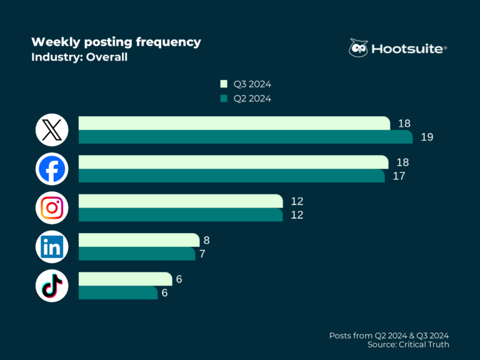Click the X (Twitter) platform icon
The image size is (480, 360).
tap(52, 130)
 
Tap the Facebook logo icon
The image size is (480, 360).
tap(52, 169)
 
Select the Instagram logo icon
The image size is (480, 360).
tap(52, 208)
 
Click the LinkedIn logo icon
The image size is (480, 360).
tap(52, 247)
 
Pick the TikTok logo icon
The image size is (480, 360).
tap(52, 286)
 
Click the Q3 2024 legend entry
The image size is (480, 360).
tap(245, 84)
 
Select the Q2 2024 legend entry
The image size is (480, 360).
tap(245, 98)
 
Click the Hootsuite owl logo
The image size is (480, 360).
tap(359, 49)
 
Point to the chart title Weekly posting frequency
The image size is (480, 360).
tap(116, 42)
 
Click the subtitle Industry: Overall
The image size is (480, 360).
tap(79, 57)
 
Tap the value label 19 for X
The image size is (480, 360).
tap(427, 137)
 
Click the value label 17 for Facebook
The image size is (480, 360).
tap(399, 176)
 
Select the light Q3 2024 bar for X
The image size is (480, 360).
tap(234, 123)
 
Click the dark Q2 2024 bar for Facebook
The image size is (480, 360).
tap(231, 176)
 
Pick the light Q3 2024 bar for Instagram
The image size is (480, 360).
tap(180, 201)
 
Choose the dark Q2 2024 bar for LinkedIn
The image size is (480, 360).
tap(136, 254)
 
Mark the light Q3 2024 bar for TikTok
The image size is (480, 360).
tap(125, 279)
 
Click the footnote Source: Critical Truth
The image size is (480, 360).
tap(409, 344)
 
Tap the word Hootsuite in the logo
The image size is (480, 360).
tap(409, 49)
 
